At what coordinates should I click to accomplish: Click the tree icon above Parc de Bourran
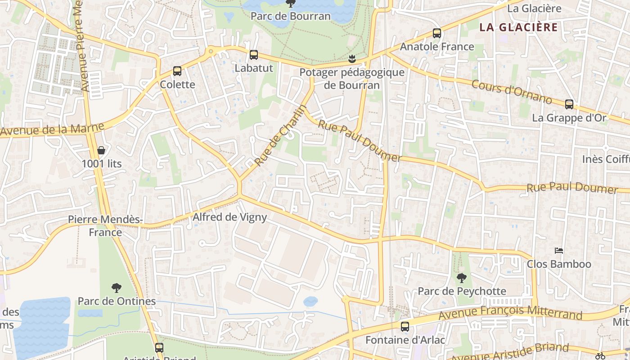(x=291, y=4)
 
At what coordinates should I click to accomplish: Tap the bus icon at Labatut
(x=254, y=55)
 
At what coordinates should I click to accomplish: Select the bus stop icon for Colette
(x=177, y=71)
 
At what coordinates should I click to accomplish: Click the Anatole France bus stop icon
(x=436, y=33)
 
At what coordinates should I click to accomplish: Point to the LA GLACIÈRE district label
(x=518, y=27)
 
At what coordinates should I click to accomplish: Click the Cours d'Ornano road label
(x=512, y=92)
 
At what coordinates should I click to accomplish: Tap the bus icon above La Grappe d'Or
(x=569, y=104)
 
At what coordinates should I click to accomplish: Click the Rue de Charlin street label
(x=280, y=135)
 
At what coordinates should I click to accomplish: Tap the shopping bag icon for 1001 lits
(x=101, y=150)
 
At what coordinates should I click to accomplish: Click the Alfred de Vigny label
(x=230, y=217)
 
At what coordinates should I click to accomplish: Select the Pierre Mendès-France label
(x=105, y=225)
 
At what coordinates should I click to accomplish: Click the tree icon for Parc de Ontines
(x=117, y=288)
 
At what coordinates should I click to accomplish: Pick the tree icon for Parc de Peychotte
(x=462, y=278)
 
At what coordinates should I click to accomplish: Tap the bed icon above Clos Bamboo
(x=559, y=250)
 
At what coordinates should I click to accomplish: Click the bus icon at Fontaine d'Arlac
(x=405, y=327)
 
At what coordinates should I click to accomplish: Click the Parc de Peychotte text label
(x=462, y=291)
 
